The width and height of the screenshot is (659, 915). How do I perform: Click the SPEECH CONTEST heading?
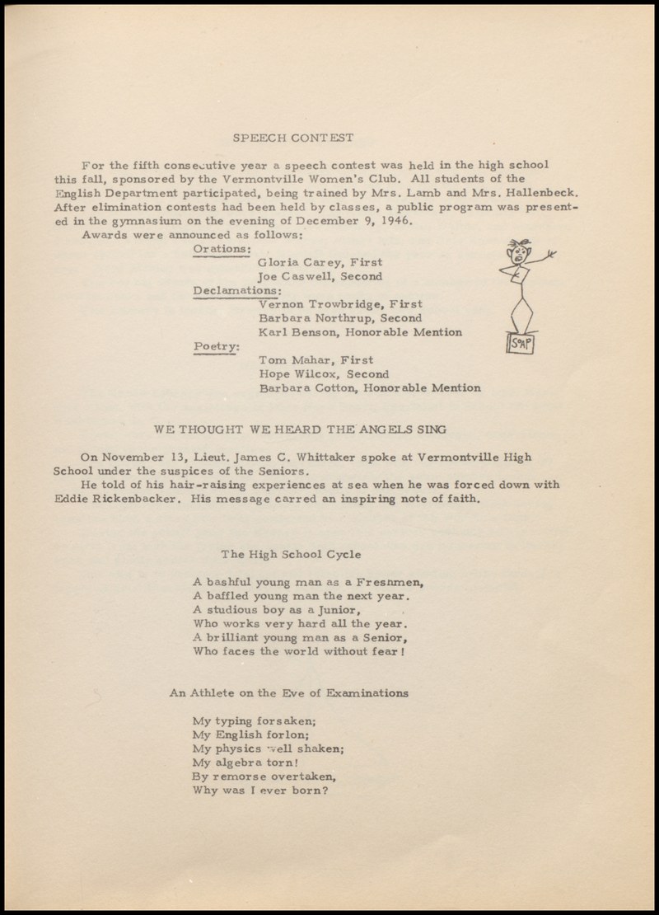click(x=292, y=138)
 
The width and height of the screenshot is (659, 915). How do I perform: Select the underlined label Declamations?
click(x=237, y=290)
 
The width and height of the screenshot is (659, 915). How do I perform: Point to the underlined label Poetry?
click(x=216, y=345)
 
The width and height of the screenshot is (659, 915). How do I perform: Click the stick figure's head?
click(x=520, y=254)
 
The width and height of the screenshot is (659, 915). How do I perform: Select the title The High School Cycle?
click(x=291, y=554)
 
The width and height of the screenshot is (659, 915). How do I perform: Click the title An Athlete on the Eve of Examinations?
click(x=288, y=693)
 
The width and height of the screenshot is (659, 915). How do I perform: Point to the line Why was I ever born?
click(x=260, y=791)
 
